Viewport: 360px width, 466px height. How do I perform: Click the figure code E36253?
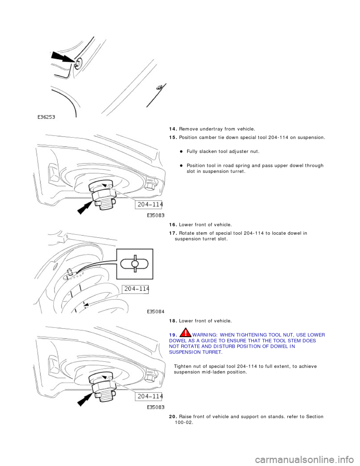pyautogui.click(x=46, y=117)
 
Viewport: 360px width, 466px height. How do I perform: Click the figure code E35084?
pyautogui.click(x=154, y=311)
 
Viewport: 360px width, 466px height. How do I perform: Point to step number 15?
pyautogui.click(x=173, y=138)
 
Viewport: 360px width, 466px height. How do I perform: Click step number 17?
pyautogui.click(x=173, y=233)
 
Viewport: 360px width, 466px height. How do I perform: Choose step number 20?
pyautogui.click(x=173, y=417)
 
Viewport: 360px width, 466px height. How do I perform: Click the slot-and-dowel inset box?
pyautogui.click(x=135, y=264)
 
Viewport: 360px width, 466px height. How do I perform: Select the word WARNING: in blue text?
pyautogui.click(x=205, y=335)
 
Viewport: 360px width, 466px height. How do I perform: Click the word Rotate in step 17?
pyautogui.click(x=187, y=233)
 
